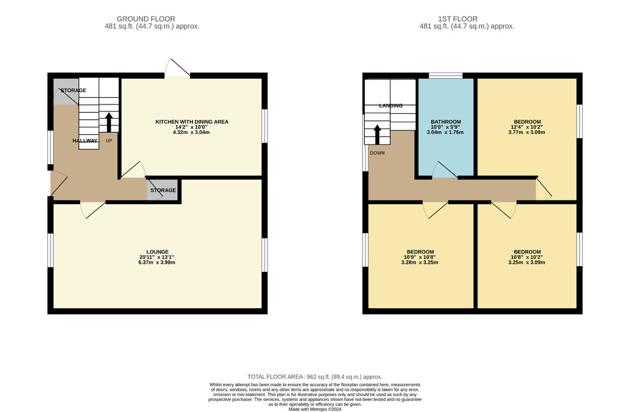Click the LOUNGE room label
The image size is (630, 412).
[157, 252]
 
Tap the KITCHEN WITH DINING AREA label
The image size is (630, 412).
[192, 122]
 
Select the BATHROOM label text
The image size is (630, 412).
[445, 122]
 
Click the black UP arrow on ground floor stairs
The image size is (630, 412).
[108, 122]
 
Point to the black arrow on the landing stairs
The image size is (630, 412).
[377, 135]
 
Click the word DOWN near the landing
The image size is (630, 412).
[377, 153]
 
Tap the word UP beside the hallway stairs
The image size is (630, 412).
[109, 141]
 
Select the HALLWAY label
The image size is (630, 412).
[85, 141]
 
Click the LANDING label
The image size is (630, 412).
[391, 106]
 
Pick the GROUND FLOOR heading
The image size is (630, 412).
[146, 19]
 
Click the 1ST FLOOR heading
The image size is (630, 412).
[458, 19]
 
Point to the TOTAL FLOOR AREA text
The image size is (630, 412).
[314, 377]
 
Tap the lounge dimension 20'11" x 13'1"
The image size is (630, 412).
[157, 257]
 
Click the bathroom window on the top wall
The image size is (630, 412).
[445, 76]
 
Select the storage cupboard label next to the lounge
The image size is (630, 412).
[163, 190]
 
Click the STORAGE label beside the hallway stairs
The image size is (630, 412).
[73, 90]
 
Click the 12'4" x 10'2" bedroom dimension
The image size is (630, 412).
[527, 127]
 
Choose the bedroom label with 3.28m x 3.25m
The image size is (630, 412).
[420, 252]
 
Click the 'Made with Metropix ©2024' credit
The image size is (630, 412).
[314, 410]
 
